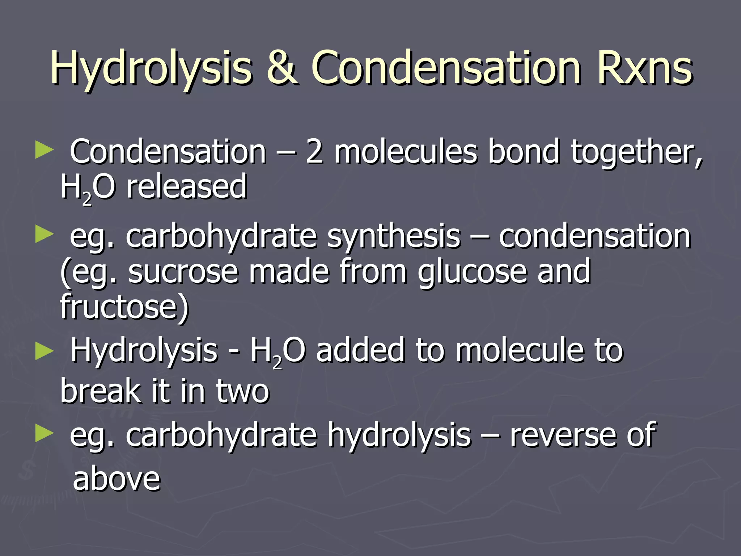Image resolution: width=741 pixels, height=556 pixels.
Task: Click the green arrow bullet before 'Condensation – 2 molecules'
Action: click(x=45, y=150)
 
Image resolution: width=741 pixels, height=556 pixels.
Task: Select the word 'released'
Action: click(x=186, y=187)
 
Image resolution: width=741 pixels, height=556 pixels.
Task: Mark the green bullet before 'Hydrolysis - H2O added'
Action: click(x=45, y=351)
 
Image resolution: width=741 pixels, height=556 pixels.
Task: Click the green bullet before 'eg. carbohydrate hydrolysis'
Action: click(x=45, y=433)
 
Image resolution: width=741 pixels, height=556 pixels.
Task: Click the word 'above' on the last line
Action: click(x=116, y=479)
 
